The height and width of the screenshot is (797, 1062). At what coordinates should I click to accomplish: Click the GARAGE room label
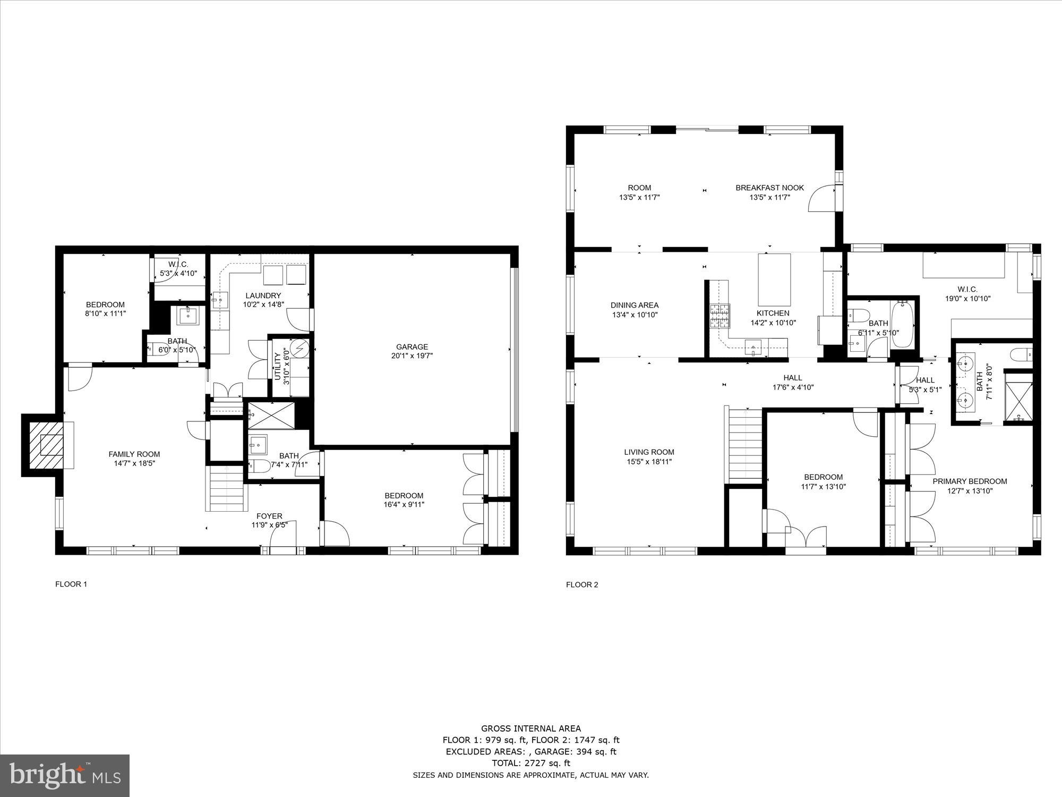tap(412, 347)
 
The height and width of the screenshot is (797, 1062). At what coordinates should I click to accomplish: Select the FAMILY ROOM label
tap(134, 454)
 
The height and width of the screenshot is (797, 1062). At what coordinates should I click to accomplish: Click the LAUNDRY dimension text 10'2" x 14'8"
tap(263, 305)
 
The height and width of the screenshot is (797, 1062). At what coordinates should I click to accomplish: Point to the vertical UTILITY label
tap(277, 367)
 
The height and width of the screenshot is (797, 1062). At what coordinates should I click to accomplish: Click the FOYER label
tap(269, 516)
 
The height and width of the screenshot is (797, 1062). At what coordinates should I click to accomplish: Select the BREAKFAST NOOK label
tap(769, 188)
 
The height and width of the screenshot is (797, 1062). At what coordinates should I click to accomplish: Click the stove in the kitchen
tap(721, 316)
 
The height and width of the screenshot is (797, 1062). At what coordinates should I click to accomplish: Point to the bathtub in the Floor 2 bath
tap(902, 324)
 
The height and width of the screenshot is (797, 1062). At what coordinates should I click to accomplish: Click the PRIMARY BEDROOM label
tap(970, 481)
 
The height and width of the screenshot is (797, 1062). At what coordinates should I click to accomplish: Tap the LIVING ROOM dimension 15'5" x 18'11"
tap(649, 462)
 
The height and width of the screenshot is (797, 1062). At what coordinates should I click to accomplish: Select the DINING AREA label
tap(634, 305)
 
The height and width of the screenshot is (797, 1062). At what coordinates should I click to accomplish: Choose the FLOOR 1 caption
tap(71, 584)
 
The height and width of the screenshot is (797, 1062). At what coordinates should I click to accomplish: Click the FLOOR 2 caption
tap(582, 585)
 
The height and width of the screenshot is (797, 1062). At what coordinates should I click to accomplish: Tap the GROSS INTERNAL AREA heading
tap(530, 728)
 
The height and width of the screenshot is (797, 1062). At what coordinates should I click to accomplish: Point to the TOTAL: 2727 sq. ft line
tap(530, 763)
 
